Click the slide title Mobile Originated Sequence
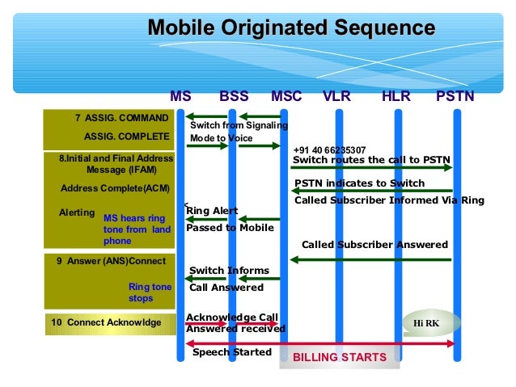click(290, 29)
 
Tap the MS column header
click(180, 96)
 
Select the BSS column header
click(235, 96)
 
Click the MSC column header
click(286, 96)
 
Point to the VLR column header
click(336, 96)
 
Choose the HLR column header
click(396, 96)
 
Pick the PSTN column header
click(455, 96)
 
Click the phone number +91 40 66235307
click(329, 150)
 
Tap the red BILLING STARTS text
click(339, 357)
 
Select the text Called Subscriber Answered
click(374, 245)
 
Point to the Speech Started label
click(232, 352)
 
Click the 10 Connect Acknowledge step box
click(106, 323)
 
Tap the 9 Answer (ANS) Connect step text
click(111, 261)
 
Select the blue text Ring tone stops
click(150, 292)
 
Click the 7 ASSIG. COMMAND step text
click(121, 118)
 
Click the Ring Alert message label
click(212, 211)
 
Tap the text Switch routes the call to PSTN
click(371, 160)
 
